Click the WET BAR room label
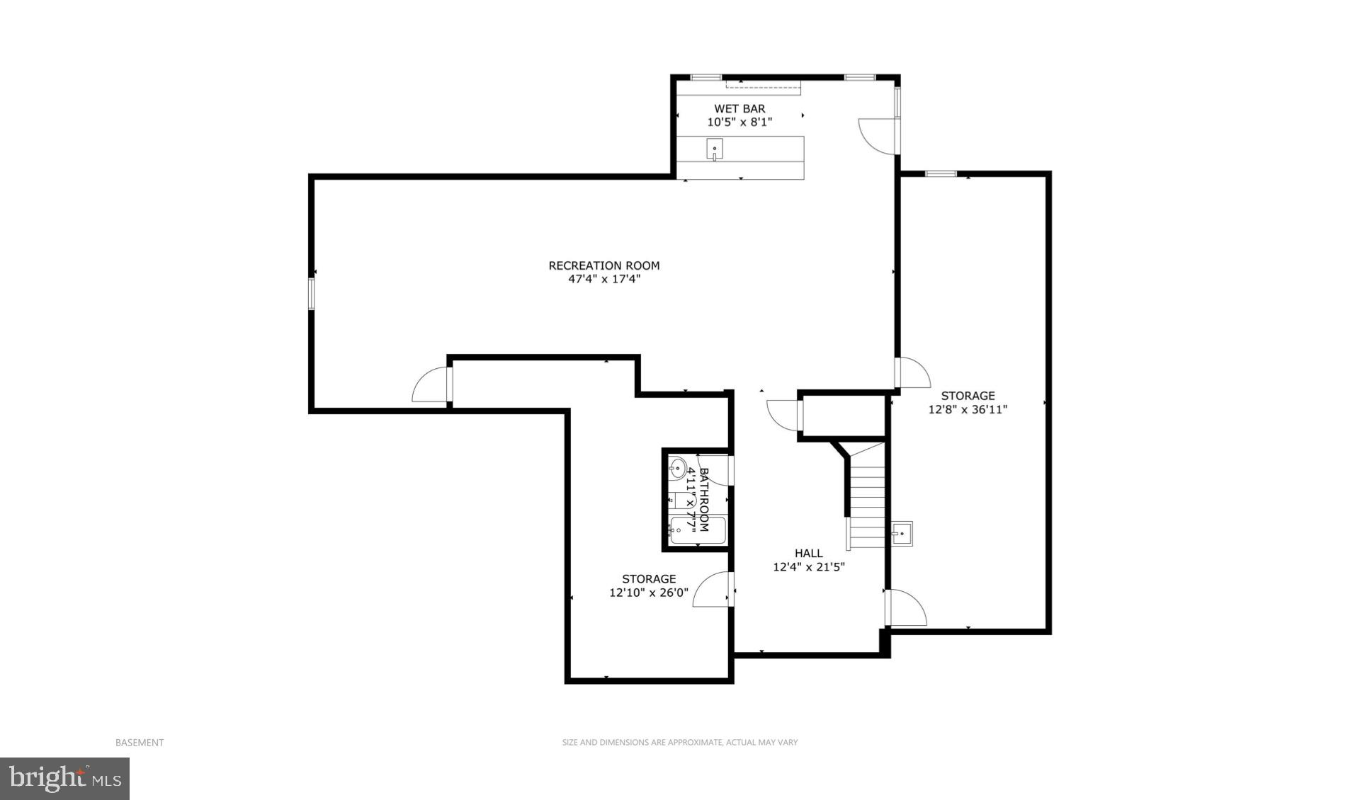pos(739,108)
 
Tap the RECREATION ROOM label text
pos(603,265)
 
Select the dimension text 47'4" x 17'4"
pos(603,279)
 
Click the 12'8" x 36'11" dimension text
pos(968,409)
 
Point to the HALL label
pos(808,553)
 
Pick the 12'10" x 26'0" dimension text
pos(649,593)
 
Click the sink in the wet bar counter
pos(715,149)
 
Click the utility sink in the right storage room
pos(902,532)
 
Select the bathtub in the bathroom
pos(698,530)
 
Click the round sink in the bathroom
pos(678,467)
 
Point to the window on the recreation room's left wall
pos(311,293)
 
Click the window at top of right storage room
pos(941,173)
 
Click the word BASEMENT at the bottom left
pos(140,742)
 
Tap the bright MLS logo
pos(64,779)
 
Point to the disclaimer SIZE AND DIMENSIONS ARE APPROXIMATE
pos(679,742)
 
